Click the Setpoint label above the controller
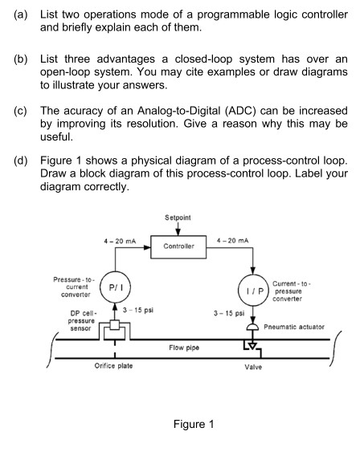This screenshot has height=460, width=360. point(178,218)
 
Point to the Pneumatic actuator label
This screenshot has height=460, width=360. point(294,327)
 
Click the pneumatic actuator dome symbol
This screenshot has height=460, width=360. point(252,327)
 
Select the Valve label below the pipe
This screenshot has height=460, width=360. point(253,367)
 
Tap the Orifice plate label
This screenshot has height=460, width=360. point(113,366)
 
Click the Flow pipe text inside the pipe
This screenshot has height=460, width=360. point(184,348)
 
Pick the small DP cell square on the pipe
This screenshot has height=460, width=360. point(115,325)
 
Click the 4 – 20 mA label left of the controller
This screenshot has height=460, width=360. point(120,241)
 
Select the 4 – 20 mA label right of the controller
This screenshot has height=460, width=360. point(232,241)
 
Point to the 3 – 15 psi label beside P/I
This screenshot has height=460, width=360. point(138,310)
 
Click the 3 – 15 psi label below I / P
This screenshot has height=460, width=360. point(229,313)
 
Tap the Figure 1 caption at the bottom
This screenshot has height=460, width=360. point(194,424)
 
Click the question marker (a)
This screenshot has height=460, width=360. point(21,14)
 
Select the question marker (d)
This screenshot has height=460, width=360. point(21,161)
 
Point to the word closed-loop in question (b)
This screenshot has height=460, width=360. point(203,59)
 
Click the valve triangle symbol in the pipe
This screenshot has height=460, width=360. point(252,346)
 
